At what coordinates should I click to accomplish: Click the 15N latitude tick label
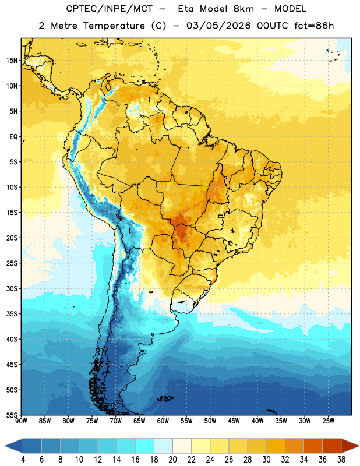12,61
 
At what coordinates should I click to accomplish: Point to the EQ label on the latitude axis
13,137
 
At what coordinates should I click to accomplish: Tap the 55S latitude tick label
12,415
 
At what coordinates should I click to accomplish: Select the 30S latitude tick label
12,288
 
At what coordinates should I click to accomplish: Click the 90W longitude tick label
21,421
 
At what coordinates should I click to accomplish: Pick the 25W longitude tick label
328,421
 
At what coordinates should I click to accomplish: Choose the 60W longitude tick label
163,421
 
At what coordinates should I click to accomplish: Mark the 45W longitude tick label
234,421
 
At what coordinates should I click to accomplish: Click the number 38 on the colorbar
341,460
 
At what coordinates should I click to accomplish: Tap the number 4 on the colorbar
23,460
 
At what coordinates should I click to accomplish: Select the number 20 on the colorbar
172,460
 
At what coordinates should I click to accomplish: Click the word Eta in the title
186,9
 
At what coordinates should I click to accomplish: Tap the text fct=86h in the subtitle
314,26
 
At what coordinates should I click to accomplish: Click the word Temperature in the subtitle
114,26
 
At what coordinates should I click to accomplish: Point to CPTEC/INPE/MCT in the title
110,9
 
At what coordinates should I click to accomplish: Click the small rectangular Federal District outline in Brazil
221,216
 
